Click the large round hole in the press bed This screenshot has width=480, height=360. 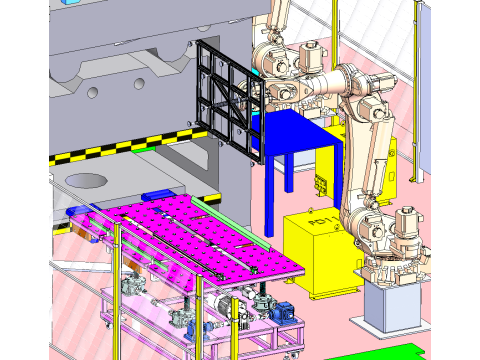(88, 181)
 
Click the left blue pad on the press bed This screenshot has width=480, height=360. (75, 212)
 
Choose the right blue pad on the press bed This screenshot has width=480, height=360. (158, 194)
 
